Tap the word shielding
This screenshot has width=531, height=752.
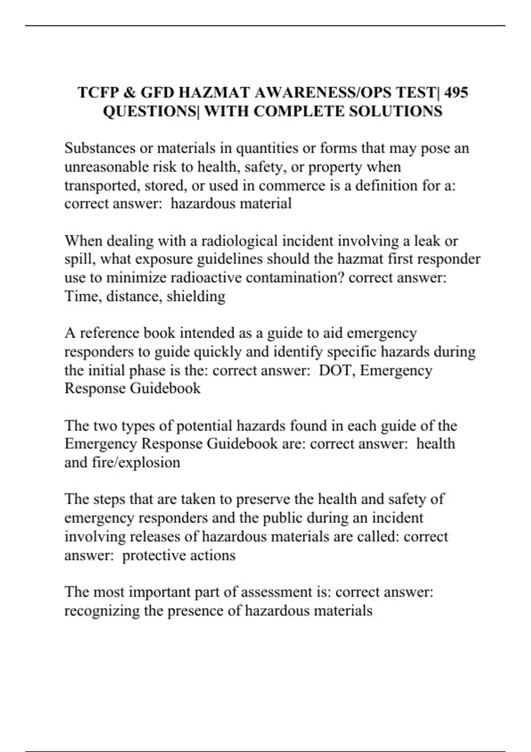click(x=196, y=296)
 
